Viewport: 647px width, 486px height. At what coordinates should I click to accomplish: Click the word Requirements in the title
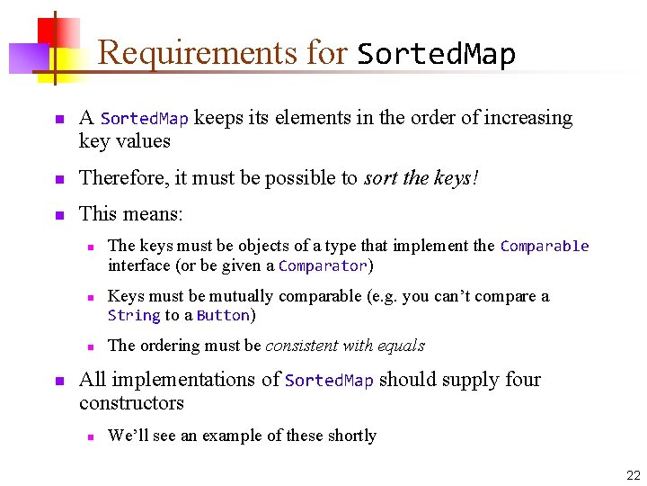click(196, 53)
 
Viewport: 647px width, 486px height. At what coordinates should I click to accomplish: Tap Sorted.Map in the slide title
click(437, 55)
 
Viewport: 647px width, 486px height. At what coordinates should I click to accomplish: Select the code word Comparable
click(545, 246)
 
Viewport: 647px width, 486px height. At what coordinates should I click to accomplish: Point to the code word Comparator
click(323, 265)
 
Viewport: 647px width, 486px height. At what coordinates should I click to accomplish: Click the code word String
click(133, 315)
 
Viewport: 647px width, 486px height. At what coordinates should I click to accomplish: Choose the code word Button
click(223, 315)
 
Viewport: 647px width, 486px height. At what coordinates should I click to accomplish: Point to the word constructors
click(131, 403)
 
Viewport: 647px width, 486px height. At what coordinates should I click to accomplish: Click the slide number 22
click(634, 475)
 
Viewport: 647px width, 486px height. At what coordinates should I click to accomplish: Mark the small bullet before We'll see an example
click(90, 437)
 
